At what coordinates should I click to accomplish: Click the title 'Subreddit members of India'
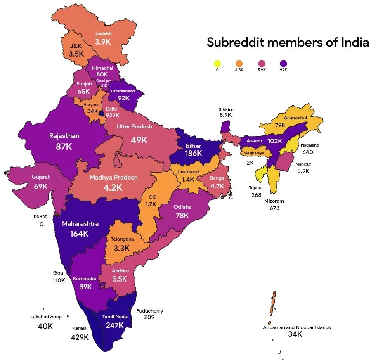tap(288, 42)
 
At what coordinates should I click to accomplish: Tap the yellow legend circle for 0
tap(217, 64)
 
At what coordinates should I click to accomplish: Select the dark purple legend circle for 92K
tap(283, 64)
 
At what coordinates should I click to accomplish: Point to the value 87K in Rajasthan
tap(64, 146)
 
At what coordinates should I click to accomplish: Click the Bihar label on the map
tap(193, 146)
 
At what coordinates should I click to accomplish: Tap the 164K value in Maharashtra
tap(80, 234)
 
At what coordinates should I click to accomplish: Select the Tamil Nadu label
tap(115, 317)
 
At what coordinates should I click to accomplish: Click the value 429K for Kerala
tap(80, 337)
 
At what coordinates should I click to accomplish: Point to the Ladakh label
tap(103, 33)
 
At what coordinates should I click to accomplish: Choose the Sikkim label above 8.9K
tap(226, 109)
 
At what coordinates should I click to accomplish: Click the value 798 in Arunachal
tap(280, 125)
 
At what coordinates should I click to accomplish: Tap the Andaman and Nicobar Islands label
tap(297, 327)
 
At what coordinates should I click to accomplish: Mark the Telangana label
tap(122, 239)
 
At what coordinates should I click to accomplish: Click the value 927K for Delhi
tap(112, 115)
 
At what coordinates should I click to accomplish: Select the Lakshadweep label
tap(46, 317)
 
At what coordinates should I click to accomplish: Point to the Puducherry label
tap(149, 311)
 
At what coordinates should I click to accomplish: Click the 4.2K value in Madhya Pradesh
tap(113, 187)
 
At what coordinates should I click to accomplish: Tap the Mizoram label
tap(274, 201)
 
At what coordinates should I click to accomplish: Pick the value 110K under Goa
tap(58, 280)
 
